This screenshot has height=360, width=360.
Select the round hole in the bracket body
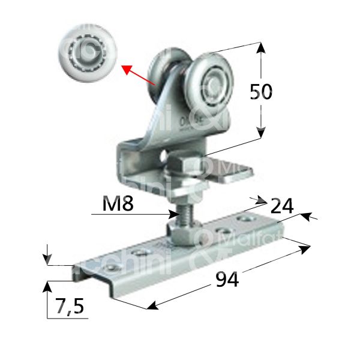pyautogui.click(x=165, y=158)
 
